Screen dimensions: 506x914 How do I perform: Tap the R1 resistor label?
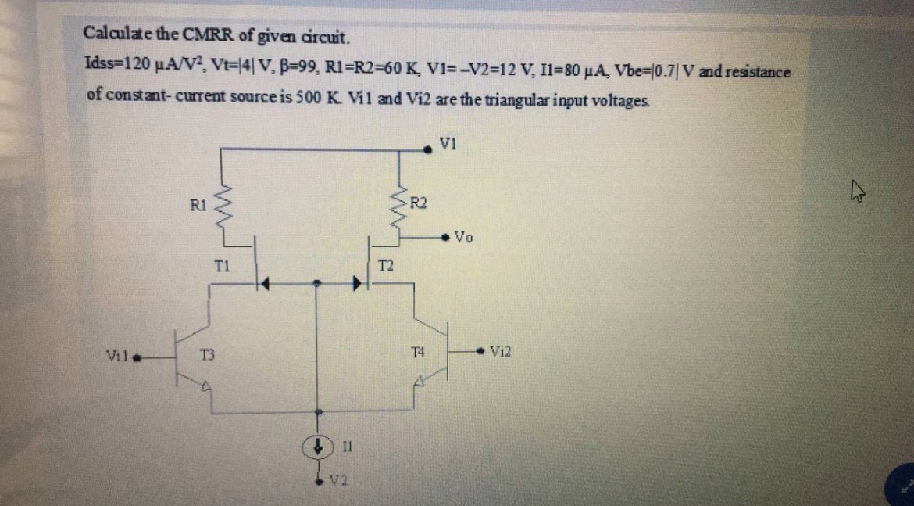[x=198, y=207]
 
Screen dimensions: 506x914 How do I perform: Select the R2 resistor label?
[x=419, y=205]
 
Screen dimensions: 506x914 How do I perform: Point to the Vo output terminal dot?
[x=445, y=236]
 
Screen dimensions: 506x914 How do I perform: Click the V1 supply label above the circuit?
[x=448, y=142]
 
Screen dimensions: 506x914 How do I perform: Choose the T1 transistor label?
[x=221, y=266]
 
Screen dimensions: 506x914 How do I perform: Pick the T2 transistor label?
[x=386, y=266]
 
